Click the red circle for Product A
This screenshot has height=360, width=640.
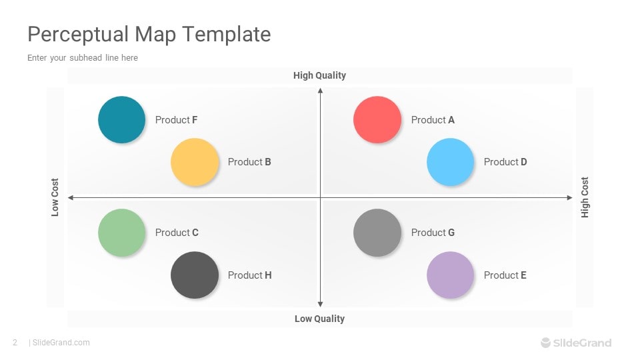pyautogui.click(x=377, y=119)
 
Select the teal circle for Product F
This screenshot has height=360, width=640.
pyautogui.click(x=121, y=119)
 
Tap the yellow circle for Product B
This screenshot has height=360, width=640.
pyautogui.click(x=195, y=162)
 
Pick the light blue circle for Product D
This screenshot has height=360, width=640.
pyautogui.click(x=450, y=162)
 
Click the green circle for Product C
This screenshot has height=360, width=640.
pyautogui.click(x=121, y=233)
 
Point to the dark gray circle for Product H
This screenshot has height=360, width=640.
pyautogui.click(x=195, y=275)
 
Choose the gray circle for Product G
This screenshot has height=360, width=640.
pyautogui.click(x=377, y=233)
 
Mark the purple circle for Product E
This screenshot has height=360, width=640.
pyautogui.click(x=450, y=275)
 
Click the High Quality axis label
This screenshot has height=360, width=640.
pyautogui.click(x=319, y=75)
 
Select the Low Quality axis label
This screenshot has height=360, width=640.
pyautogui.click(x=319, y=319)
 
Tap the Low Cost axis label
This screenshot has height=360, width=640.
pyautogui.click(x=55, y=197)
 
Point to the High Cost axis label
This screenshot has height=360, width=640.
pyautogui.click(x=585, y=197)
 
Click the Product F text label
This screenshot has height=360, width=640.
pyautogui.click(x=176, y=120)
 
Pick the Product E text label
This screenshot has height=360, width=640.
pyautogui.click(x=505, y=275)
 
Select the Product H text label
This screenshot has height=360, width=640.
pyautogui.click(x=249, y=275)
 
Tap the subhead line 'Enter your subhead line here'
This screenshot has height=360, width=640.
pyautogui.click(x=83, y=58)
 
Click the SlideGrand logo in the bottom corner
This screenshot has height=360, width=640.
pyautogui.click(x=576, y=343)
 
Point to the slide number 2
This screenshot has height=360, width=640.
pyautogui.click(x=15, y=343)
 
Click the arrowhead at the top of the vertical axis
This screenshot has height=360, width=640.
pyautogui.click(x=321, y=91)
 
